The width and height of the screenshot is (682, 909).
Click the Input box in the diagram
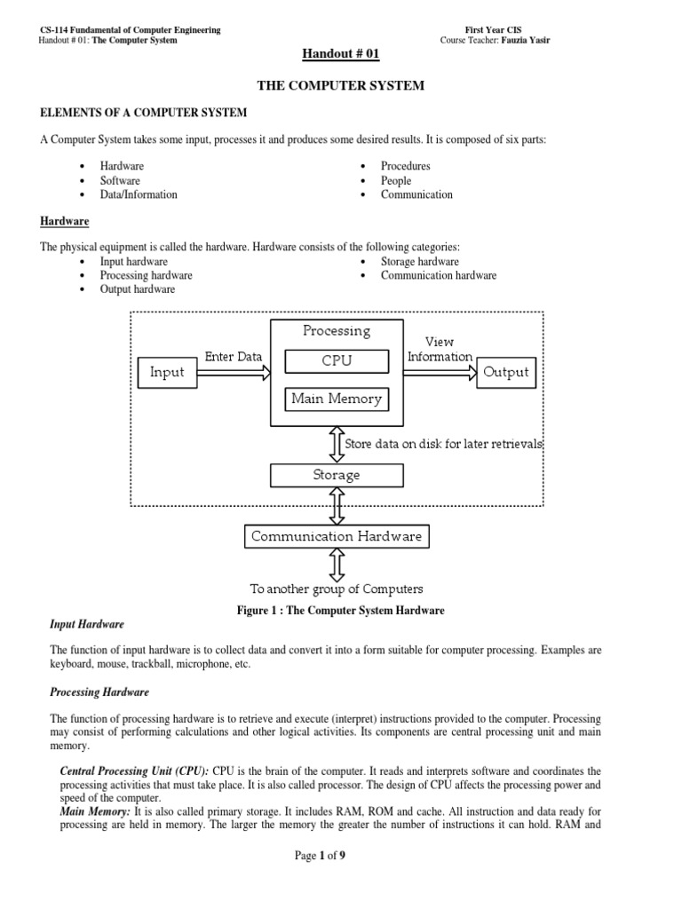pos(167,373)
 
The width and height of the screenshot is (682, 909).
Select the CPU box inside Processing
pos(337,361)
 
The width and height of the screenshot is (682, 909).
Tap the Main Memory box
pos(337,399)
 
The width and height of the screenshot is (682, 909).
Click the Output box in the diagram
pos(506,373)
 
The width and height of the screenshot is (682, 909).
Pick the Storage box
pos(337,475)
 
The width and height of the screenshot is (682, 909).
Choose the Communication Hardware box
pos(337,536)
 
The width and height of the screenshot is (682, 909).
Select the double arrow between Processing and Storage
pos(337,444)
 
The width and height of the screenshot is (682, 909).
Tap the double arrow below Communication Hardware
pos(337,565)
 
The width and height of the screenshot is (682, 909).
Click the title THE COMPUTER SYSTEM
pos(340,86)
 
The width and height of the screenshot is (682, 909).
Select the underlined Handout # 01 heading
pos(340,55)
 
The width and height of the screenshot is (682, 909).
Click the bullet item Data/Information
pos(139,194)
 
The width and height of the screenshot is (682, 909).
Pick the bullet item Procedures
pos(405,166)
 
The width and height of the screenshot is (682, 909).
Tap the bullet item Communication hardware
pos(439,275)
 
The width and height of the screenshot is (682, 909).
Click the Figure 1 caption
pos(340,611)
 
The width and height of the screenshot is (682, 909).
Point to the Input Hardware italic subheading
pos(87,625)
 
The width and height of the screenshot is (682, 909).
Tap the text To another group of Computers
pos(337,589)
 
